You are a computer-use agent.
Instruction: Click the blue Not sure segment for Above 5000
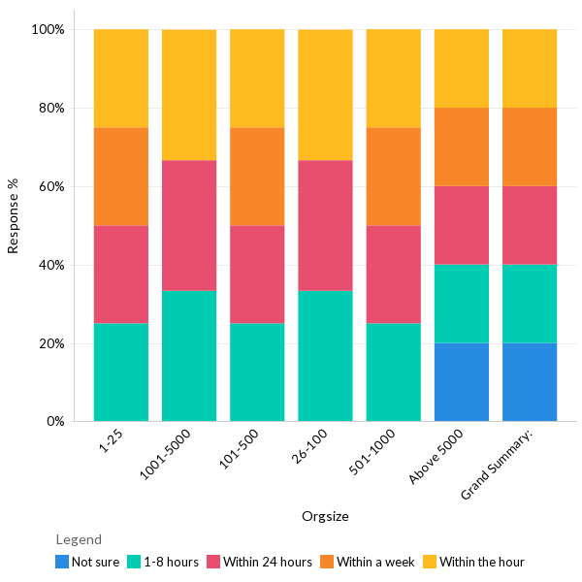[461, 382]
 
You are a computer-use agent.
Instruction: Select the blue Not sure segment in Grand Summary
[529, 382]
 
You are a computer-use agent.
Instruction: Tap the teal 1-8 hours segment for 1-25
[121, 372]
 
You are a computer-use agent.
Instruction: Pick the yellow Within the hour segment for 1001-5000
[189, 95]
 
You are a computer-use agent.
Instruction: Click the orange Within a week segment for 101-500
[257, 177]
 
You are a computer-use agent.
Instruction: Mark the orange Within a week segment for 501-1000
[393, 177]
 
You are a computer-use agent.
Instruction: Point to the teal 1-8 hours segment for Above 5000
[461, 304]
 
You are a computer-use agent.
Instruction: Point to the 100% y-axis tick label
[48, 29]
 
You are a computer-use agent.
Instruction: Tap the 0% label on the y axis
[54, 422]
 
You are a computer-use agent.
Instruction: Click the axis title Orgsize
[325, 516]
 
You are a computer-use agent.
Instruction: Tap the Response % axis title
[14, 215]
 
